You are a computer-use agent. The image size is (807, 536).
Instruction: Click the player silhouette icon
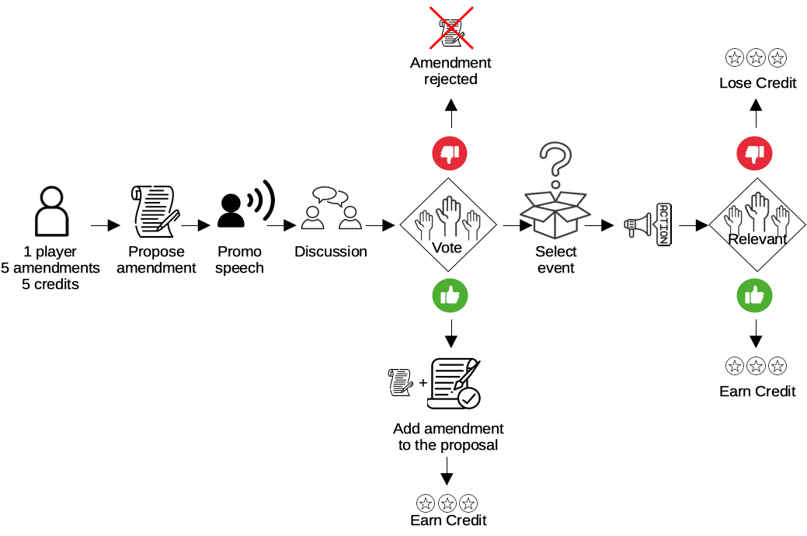[x=51, y=211]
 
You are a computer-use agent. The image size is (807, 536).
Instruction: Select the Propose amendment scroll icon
[x=155, y=211]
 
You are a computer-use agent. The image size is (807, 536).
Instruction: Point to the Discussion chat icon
[x=331, y=208]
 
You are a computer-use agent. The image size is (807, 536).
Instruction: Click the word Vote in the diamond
[x=447, y=248]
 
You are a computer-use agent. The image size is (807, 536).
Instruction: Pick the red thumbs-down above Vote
[x=450, y=153]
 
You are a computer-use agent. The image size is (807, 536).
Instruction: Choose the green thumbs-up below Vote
[x=450, y=295]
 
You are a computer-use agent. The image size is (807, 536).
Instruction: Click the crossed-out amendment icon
[x=451, y=28]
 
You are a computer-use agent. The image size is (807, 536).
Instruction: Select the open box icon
[x=555, y=214]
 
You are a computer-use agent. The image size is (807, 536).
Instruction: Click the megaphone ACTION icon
[x=648, y=224]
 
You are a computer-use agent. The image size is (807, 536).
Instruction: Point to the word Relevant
[x=757, y=239]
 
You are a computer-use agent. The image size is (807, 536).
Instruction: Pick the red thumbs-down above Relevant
[x=754, y=153]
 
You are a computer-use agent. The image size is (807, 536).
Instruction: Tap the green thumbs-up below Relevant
[x=754, y=295]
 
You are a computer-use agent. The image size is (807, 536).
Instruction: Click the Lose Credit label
[x=757, y=83]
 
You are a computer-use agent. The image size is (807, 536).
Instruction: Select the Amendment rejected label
[x=450, y=71]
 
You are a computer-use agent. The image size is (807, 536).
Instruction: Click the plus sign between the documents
[x=423, y=382]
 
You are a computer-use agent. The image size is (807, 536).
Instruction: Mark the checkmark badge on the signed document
[x=469, y=398]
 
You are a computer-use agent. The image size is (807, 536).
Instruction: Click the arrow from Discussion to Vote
[x=381, y=225]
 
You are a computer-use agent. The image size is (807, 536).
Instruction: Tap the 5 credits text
[x=50, y=284]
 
